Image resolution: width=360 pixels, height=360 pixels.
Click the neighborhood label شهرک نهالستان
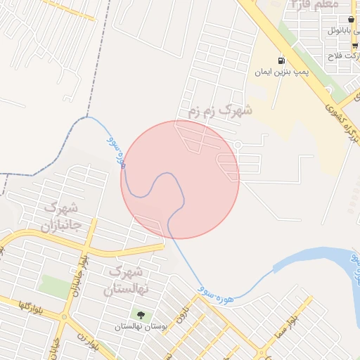127,280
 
